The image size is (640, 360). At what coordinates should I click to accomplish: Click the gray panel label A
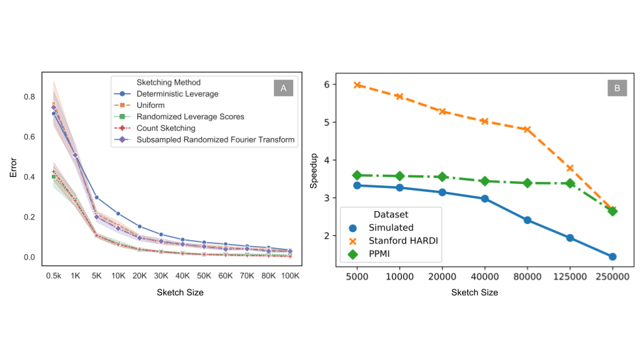point(283,88)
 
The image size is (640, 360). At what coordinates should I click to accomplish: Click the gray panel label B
point(616,88)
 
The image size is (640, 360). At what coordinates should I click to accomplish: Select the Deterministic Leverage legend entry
point(177,94)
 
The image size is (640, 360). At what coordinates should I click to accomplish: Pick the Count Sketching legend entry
point(165,128)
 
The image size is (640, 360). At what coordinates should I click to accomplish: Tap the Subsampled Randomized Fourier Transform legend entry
point(215,139)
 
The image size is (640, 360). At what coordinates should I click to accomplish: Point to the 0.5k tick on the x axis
point(53,275)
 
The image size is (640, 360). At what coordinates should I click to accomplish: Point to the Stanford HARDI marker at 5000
point(357,85)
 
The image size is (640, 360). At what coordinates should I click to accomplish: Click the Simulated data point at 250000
point(612,257)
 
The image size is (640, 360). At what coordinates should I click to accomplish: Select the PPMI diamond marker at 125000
point(570,183)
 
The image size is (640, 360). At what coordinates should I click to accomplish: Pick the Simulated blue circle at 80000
point(527,220)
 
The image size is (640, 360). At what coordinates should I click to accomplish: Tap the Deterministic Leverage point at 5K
point(97,197)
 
